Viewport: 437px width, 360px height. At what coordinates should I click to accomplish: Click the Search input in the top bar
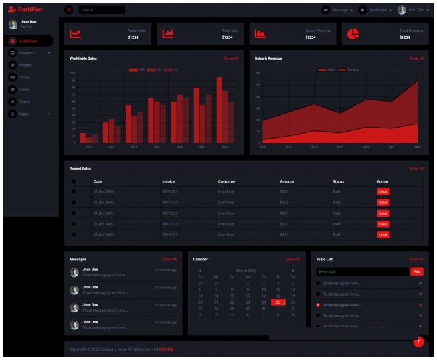(x=101, y=10)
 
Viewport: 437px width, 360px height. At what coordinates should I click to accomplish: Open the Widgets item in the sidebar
(x=25, y=65)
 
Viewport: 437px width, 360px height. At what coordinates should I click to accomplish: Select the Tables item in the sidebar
(x=24, y=89)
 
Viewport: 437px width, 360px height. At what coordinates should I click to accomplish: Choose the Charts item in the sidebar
(x=24, y=102)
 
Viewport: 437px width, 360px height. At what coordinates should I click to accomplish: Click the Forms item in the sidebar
(x=24, y=77)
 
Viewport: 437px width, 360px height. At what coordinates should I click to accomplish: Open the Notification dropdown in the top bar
(x=379, y=10)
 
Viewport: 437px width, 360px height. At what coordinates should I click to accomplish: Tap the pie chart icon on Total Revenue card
(x=353, y=34)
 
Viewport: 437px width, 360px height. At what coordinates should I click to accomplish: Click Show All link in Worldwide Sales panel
(x=230, y=58)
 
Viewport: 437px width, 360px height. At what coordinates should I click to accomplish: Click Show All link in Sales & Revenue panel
(x=416, y=58)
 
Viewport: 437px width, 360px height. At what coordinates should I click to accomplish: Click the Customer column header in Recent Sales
(x=226, y=181)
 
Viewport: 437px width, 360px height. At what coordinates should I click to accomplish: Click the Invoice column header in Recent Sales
(x=169, y=181)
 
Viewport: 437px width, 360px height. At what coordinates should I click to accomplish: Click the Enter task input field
(x=362, y=272)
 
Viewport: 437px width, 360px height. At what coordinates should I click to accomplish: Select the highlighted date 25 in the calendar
(x=278, y=302)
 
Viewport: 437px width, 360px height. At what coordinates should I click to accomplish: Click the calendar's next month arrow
(x=292, y=270)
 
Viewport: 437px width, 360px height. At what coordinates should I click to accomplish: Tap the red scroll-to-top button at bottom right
(x=418, y=341)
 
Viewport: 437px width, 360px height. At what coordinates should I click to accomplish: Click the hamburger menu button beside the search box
(x=69, y=10)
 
